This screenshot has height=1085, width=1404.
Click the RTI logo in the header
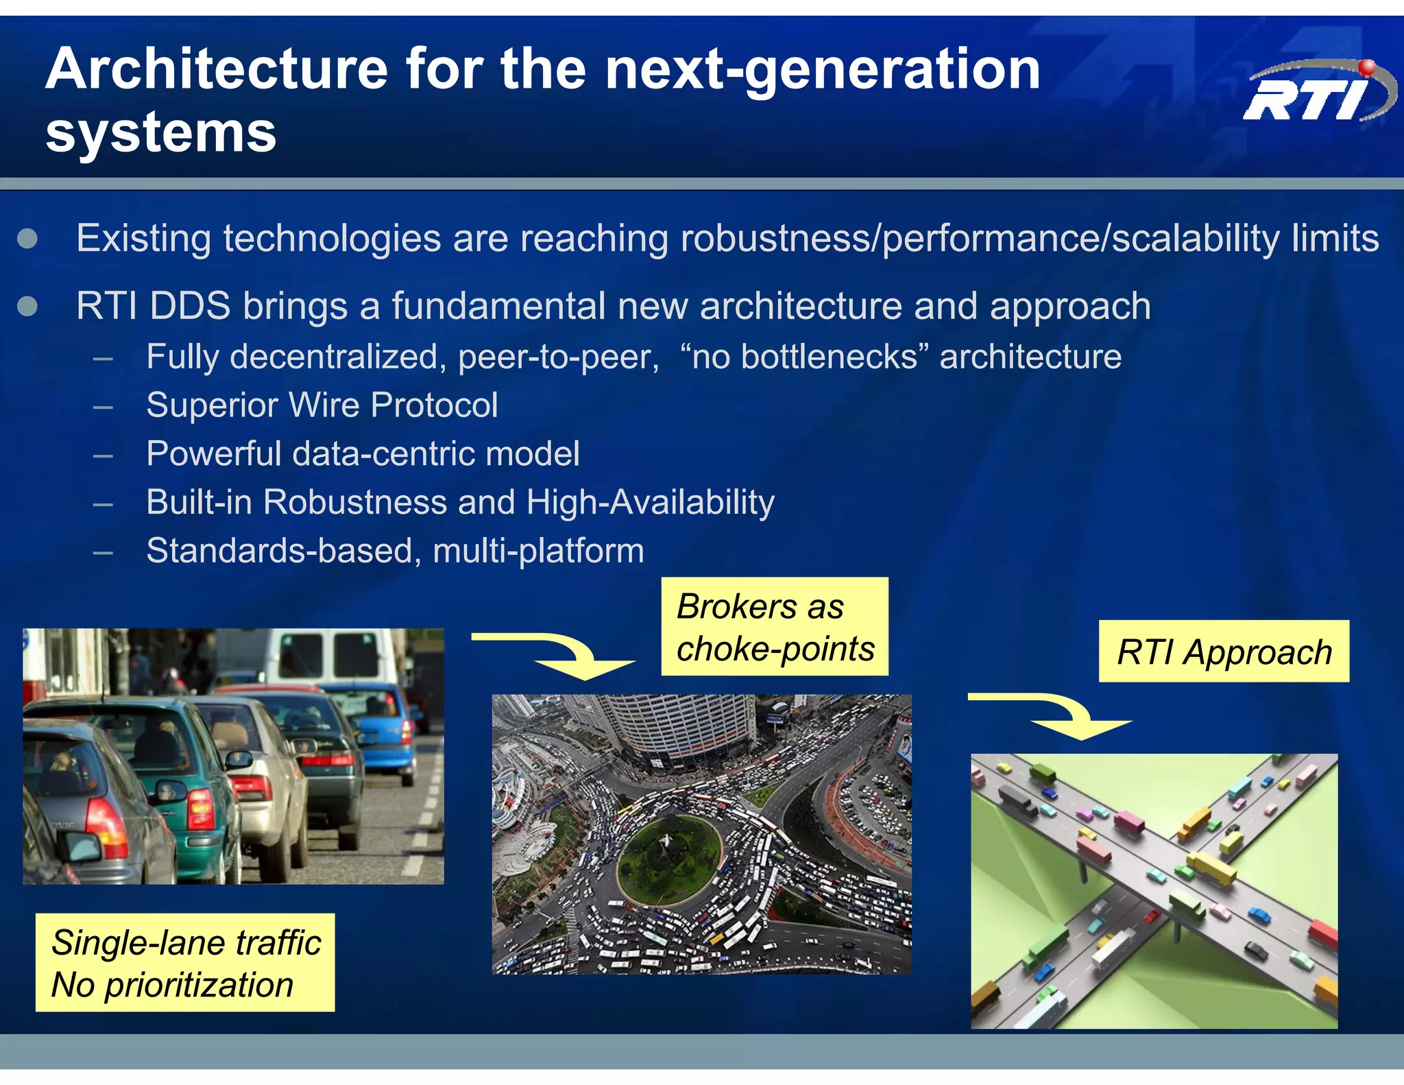click(x=1316, y=93)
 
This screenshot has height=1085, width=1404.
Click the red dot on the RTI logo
click(x=1366, y=67)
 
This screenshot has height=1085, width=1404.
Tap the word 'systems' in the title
click(x=161, y=132)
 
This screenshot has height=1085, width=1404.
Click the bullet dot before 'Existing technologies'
click(x=27, y=239)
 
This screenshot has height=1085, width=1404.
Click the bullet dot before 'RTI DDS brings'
click(x=27, y=306)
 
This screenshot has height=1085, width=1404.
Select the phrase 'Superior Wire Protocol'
click(x=322, y=405)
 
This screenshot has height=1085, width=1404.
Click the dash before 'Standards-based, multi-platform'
click(x=103, y=551)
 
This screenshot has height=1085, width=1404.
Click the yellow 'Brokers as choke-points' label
click(x=775, y=627)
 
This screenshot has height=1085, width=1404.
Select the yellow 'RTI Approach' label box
click(x=1224, y=652)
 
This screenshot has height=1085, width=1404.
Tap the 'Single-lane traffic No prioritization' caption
click(x=185, y=962)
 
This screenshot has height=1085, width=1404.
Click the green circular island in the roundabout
click(x=668, y=857)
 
